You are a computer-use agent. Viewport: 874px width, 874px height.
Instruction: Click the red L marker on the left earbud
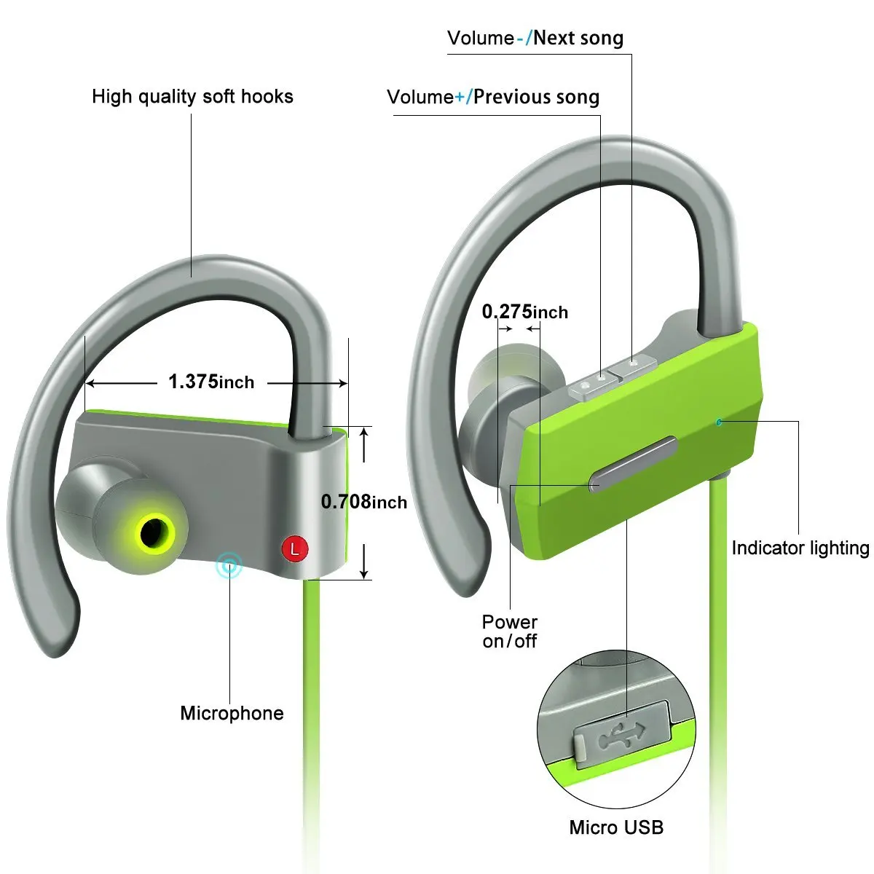pos(294,548)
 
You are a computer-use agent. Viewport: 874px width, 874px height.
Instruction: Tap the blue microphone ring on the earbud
pos(229,564)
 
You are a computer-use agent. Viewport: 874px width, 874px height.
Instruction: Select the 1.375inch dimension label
pos(211,382)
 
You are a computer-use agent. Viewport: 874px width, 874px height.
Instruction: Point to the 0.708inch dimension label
pos(363,502)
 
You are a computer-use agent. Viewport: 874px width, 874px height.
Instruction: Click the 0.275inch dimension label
pos(524,312)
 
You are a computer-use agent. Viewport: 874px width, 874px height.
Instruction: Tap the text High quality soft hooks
pos(192,97)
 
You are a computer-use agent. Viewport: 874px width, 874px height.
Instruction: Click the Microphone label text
pos(232,713)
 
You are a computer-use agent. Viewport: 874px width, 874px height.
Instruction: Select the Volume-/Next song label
pos(535,39)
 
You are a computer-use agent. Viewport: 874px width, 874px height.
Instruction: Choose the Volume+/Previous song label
pos(493,98)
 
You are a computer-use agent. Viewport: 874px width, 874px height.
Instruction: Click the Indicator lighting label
pos(800,548)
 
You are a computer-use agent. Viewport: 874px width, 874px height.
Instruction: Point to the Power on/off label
pos(509,631)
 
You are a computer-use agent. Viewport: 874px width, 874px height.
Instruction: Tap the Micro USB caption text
pos(616,827)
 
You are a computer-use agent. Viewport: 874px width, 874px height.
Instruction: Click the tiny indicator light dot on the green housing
pos(719,422)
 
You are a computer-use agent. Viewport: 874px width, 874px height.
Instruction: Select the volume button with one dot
pos(634,363)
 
